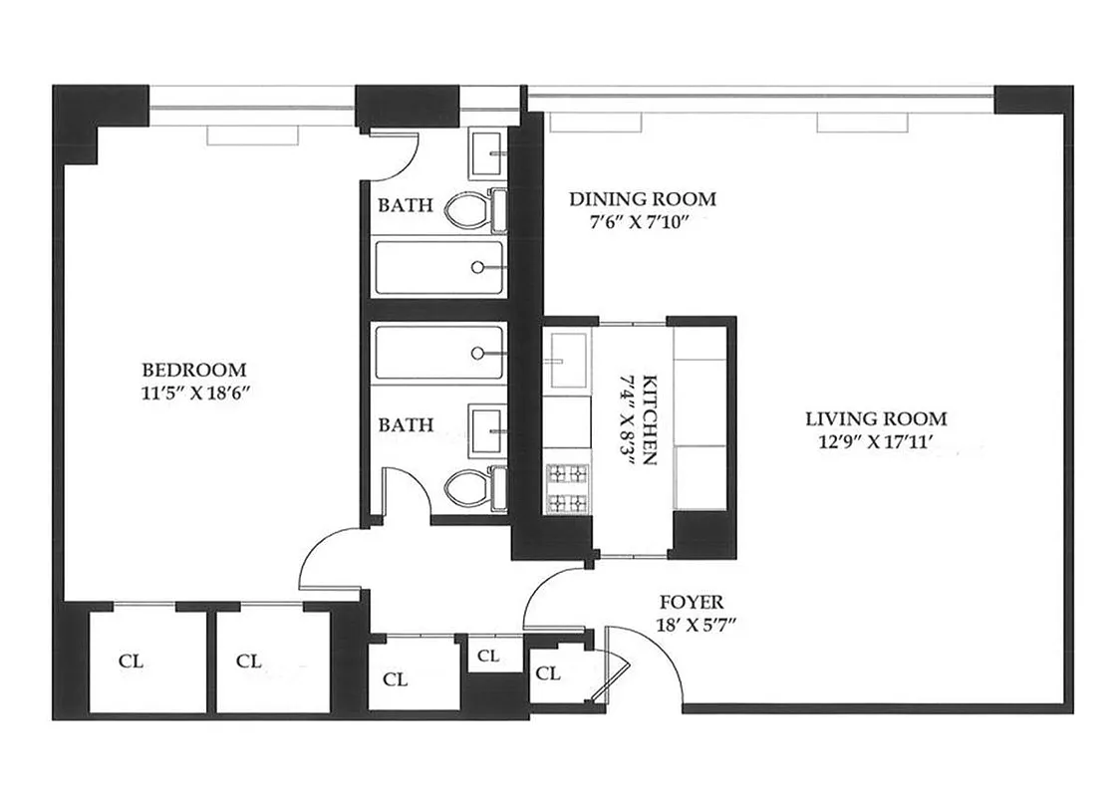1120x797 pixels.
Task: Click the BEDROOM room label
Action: tap(192, 369)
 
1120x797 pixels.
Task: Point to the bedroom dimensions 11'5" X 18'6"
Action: tap(192, 392)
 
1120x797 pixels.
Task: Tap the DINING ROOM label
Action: tap(642, 199)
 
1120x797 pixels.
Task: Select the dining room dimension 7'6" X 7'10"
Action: tap(642, 221)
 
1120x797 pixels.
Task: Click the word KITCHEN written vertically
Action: tap(649, 419)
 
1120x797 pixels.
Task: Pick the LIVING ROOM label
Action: tap(876, 419)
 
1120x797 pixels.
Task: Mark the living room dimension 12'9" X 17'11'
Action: tap(876, 443)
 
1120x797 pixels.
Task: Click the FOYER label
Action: tap(692, 603)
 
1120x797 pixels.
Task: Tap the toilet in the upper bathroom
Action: tap(467, 210)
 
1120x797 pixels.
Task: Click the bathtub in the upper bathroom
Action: tap(437, 267)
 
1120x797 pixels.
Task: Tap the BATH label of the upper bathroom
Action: tap(405, 206)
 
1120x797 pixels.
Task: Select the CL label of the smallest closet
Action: tap(487, 657)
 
